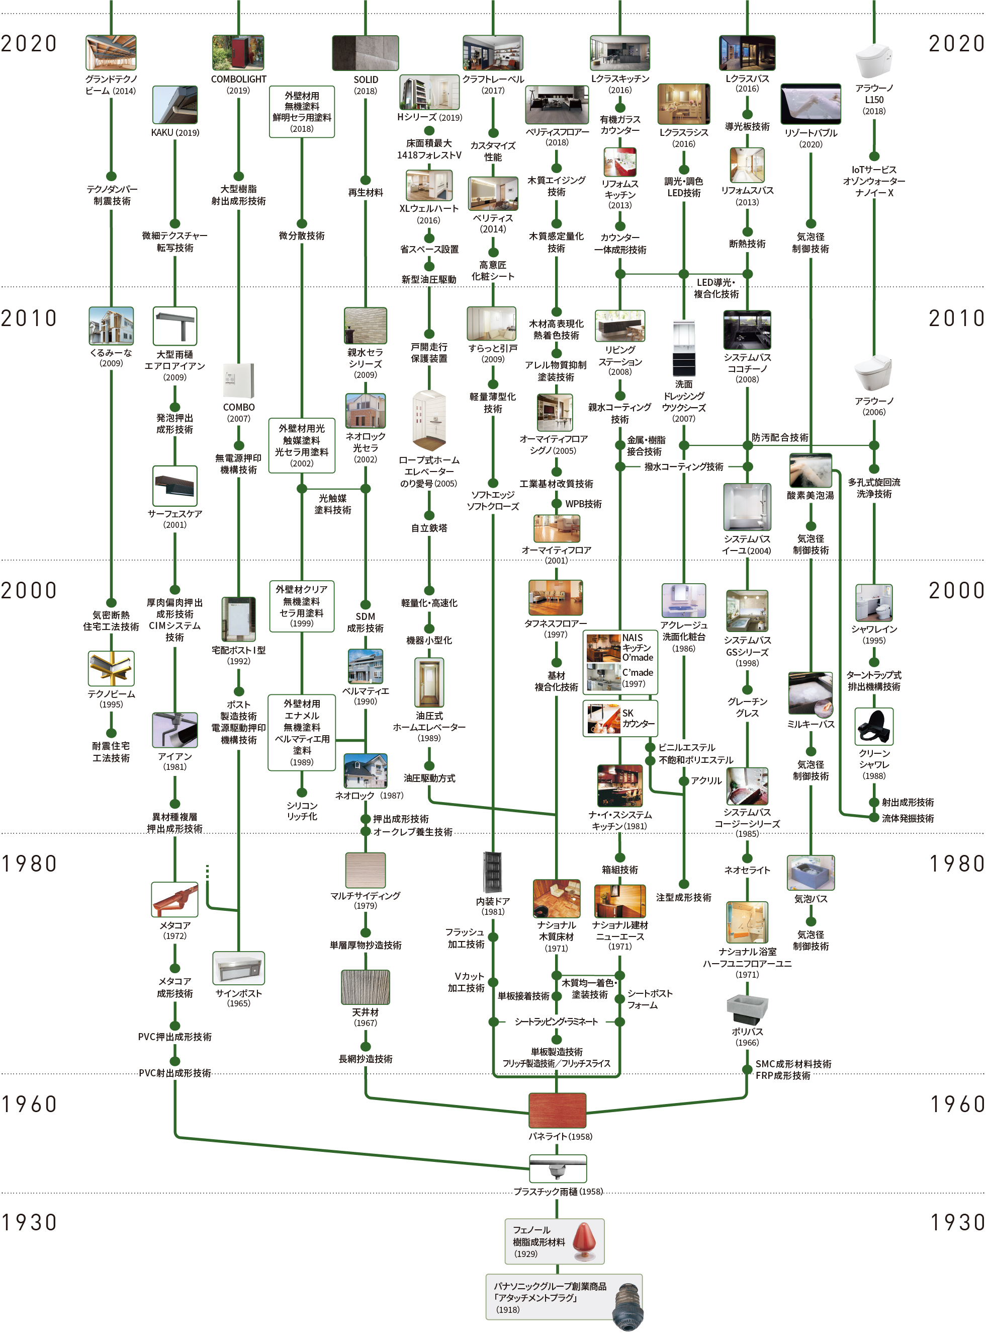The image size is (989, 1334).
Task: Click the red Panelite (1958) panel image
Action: [x=557, y=1110]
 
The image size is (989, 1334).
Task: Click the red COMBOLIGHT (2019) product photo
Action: [x=238, y=53]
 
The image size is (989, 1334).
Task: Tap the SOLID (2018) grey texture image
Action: [x=365, y=53]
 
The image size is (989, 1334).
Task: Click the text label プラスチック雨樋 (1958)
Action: [x=558, y=1192]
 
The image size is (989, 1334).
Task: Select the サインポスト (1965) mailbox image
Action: [x=238, y=967]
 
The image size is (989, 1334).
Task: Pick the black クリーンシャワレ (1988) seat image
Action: [x=873, y=726]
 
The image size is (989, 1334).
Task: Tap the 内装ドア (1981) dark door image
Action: [x=492, y=872]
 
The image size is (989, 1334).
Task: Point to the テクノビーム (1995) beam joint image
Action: [x=111, y=668]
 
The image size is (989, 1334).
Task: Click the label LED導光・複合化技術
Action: [x=716, y=288]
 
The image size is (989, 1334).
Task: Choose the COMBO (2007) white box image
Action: [x=238, y=380]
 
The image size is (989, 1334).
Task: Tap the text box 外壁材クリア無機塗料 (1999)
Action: [x=302, y=605]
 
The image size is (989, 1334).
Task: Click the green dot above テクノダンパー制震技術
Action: [x=111, y=176]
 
